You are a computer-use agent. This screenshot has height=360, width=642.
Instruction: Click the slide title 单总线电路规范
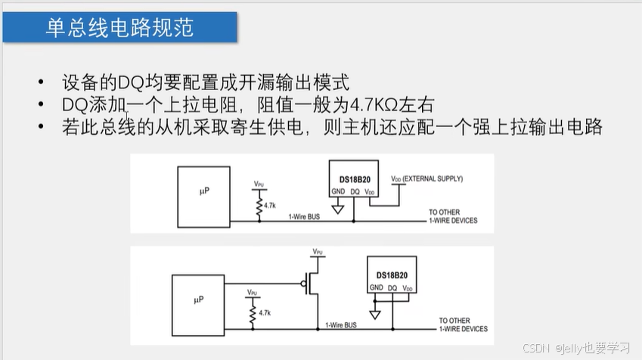pos(120,28)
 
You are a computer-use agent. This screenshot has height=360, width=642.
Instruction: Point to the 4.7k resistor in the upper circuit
pos(259,205)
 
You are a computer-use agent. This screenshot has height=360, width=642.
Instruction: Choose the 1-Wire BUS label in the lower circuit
pos(342,324)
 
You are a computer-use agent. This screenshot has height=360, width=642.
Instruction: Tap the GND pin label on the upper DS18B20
pos(339,191)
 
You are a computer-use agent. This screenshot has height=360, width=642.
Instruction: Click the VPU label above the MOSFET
pos(318,250)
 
